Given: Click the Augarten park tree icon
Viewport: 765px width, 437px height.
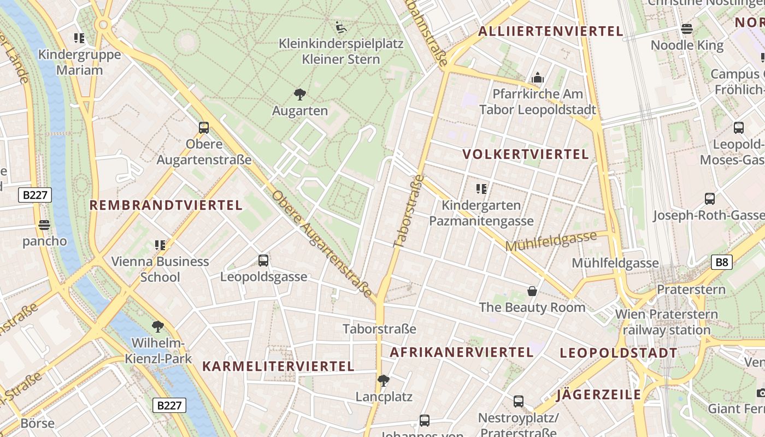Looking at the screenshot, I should [299, 95].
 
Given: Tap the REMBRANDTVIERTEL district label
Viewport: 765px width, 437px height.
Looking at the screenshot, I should [166, 205].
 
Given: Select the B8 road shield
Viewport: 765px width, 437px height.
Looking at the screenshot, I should [722, 262].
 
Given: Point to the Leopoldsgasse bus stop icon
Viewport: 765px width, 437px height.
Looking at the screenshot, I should [263, 261].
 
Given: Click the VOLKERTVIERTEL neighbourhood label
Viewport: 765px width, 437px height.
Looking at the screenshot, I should [526, 154].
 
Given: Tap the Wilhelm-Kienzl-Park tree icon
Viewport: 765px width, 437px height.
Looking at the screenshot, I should [158, 327].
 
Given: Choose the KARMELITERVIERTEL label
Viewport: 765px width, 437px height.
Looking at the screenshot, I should [279, 366].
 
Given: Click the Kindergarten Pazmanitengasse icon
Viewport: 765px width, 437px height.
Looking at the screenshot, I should [481, 190].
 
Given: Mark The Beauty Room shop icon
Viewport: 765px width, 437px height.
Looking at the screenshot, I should [532, 292].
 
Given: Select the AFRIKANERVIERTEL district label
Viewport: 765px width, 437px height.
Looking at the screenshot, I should [461, 352].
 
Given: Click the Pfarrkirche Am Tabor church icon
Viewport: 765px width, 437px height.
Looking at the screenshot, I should [538, 78].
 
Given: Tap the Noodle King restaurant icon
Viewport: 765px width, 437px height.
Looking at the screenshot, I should [687, 29].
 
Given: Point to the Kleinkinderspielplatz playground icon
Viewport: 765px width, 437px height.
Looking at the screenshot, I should [340, 26].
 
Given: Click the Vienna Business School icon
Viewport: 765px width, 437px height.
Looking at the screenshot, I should [160, 245].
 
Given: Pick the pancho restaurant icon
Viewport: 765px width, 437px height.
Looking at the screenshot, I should [44, 225].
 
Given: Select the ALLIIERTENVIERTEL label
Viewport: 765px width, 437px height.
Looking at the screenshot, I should [550, 31].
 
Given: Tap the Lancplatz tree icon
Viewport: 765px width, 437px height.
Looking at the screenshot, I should [384, 380].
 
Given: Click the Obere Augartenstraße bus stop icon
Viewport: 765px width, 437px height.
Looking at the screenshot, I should [204, 128].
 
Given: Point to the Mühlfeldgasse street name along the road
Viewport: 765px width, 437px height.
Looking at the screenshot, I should [551, 241].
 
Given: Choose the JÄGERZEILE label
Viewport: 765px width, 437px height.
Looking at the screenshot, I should [599, 395].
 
